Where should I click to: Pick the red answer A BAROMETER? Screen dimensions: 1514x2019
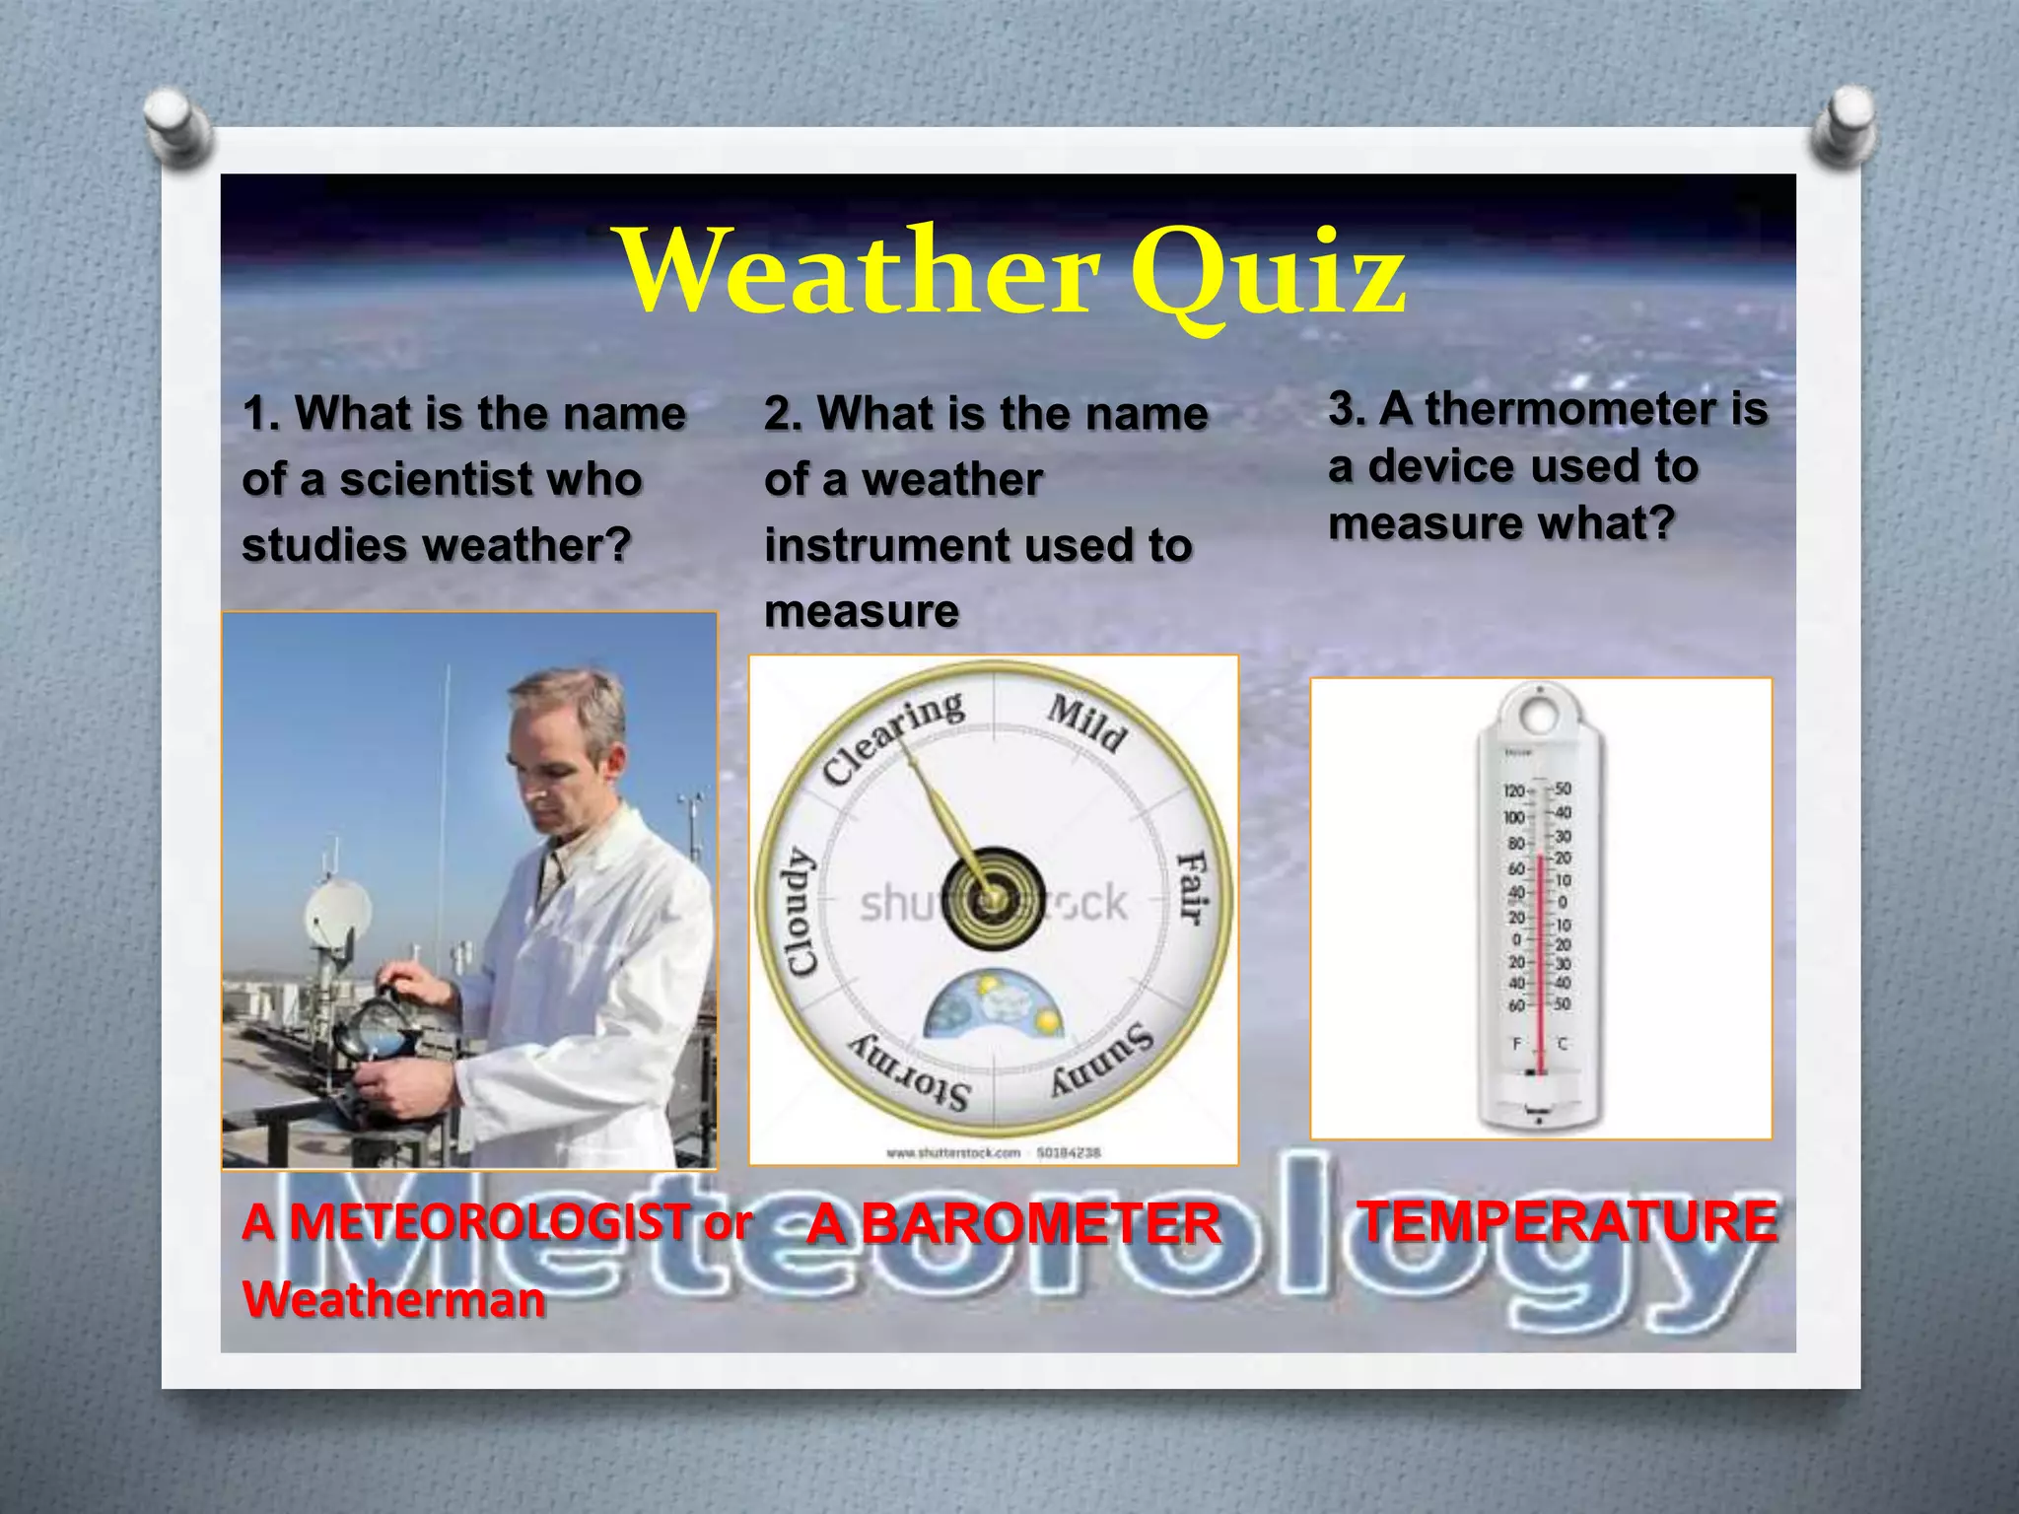pyautogui.click(x=1013, y=1224)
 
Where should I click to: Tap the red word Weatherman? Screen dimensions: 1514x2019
pyautogui.click(x=393, y=1299)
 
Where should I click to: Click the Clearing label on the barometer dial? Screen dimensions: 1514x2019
pyautogui.click(x=893, y=735)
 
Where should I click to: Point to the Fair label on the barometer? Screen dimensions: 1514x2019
pyautogui.click(x=1192, y=887)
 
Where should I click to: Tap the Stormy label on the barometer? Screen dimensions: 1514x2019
pyautogui.click(x=911, y=1074)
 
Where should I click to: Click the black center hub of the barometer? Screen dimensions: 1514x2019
pyautogui.click(x=993, y=899)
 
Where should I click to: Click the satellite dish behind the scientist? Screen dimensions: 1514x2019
pyautogui.click(x=337, y=912)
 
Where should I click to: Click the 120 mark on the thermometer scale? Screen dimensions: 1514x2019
pyautogui.click(x=1513, y=791)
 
